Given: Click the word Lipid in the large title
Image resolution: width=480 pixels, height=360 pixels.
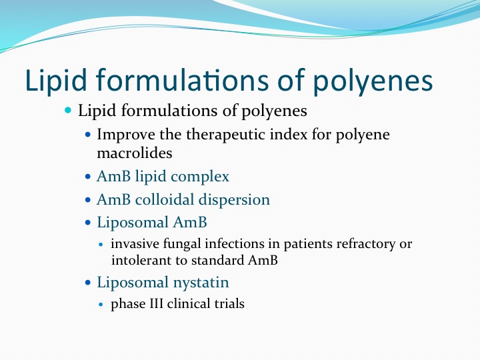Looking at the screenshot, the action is (56, 81).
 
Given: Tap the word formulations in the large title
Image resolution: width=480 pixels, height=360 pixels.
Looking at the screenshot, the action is (183, 80).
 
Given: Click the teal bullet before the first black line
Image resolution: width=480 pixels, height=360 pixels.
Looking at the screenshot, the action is (68, 110).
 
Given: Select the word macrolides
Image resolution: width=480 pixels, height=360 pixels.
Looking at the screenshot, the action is (135, 153).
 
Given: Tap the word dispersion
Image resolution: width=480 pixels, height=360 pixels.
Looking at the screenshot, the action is (234, 200).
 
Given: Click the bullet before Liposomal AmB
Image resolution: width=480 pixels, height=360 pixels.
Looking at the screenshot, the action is (88, 223).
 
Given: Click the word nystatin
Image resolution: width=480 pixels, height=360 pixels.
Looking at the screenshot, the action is (201, 283).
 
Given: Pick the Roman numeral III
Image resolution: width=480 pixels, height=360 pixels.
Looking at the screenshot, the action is (157, 304).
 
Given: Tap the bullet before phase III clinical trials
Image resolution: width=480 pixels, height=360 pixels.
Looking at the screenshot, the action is (101, 304).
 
